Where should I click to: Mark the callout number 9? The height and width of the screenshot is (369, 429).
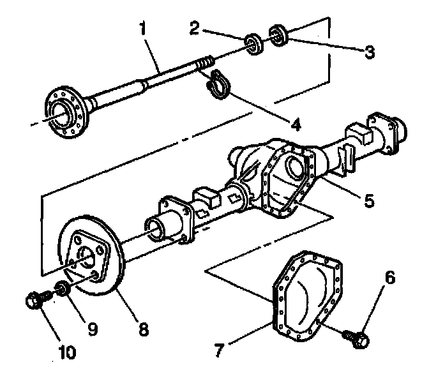tap(93, 329)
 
